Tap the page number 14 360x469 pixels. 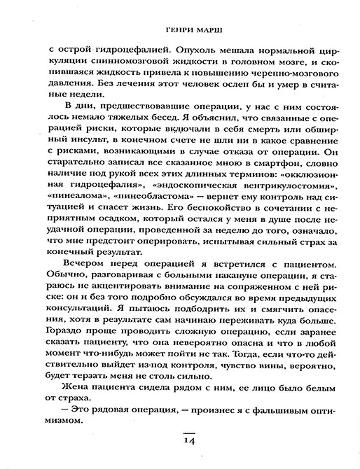point(185,442)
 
